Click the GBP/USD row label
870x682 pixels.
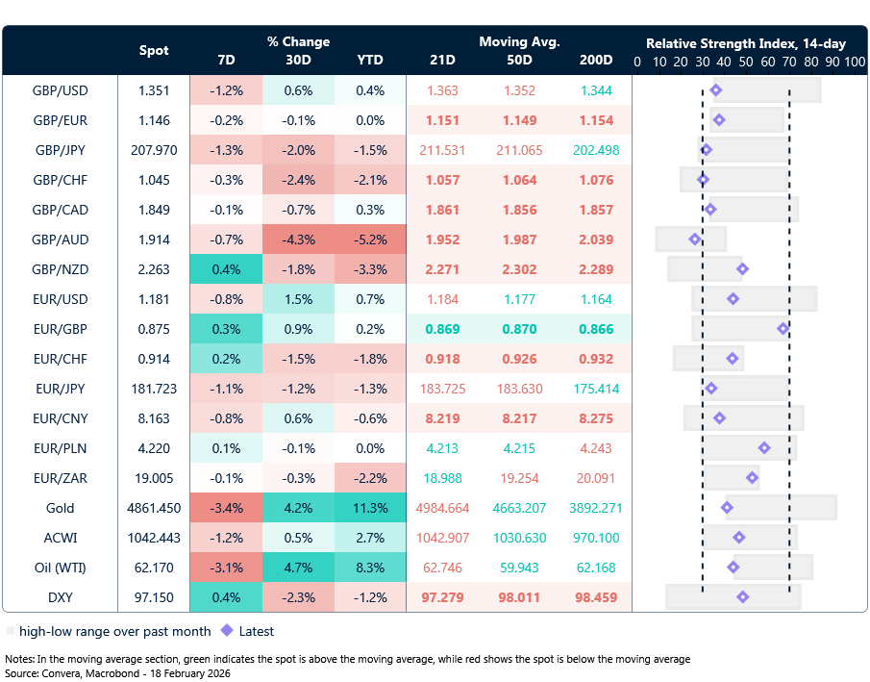60,91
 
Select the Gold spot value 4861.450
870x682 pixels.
154,508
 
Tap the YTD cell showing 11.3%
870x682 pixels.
369,508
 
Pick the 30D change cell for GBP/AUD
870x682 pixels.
298,240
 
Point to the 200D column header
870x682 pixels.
596,61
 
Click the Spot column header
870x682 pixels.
154,50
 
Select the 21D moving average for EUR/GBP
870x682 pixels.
443,329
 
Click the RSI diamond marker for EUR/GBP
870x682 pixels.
783,329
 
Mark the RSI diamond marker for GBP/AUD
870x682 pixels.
695,240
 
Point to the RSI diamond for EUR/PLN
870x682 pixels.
764,448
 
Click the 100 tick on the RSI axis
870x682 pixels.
855,62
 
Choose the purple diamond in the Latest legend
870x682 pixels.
227,632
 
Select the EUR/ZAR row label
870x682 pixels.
60,478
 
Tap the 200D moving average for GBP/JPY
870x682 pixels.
596,151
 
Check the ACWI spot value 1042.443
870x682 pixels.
154,538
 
